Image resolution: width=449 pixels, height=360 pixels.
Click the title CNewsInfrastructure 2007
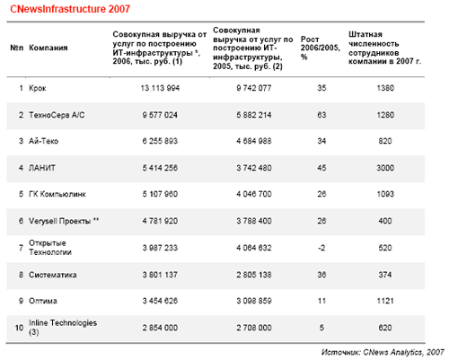click(x=70, y=9)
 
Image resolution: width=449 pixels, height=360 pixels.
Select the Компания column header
click(x=48, y=48)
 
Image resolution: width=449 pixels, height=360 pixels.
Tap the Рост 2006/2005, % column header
click(x=321, y=48)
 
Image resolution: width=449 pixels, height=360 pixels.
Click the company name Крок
click(x=38, y=88)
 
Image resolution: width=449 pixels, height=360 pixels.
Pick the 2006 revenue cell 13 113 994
click(x=160, y=88)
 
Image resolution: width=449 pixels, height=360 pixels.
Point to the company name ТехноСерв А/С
click(x=57, y=115)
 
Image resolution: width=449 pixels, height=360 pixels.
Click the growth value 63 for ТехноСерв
click(x=321, y=115)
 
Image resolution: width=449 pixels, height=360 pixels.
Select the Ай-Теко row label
click(x=43, y=141)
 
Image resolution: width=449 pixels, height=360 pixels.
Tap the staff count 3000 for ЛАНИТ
click(x=385, y=168)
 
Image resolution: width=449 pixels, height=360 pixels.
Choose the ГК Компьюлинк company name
click(x=57, y=194)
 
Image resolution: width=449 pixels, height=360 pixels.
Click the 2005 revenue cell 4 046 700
click(x=254, y=194)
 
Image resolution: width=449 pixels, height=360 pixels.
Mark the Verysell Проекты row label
click(x=64, y=221)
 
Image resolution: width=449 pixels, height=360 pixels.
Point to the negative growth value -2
click(x=321, y=248)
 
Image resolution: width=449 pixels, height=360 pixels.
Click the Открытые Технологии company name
click(x=50, y=248)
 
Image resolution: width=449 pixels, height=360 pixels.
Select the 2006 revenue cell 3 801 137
click(x=160, y=275)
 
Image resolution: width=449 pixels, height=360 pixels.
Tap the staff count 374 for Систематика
click(x=385, y=275)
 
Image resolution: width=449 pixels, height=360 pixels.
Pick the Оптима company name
click(x=43, y=301)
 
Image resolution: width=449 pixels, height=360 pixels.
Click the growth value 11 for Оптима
click(x=321, y=301)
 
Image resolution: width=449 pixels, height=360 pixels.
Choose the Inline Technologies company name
click(x=63, y=327)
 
